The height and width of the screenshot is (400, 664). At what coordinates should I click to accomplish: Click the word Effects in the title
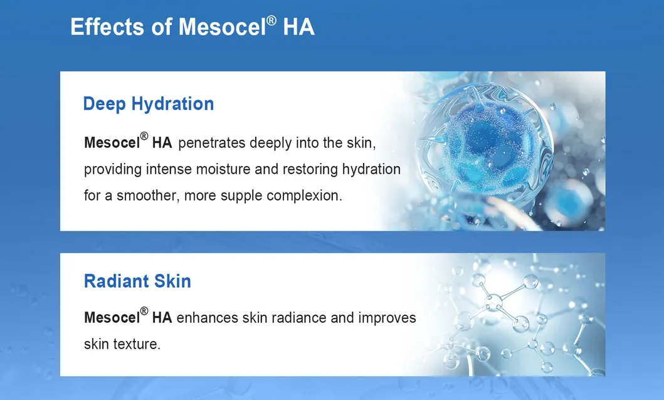point(107,27)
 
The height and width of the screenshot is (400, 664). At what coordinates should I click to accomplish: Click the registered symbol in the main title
point(271,20)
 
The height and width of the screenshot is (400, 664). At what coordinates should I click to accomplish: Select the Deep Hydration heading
point(148,104)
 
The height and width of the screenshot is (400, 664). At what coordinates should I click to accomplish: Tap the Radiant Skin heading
point(137,281)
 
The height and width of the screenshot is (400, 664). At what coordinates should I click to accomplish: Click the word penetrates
point(212,143)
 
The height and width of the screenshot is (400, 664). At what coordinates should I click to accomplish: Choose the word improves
point(387,318)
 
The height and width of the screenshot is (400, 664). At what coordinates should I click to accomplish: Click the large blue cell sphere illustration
point(484,147)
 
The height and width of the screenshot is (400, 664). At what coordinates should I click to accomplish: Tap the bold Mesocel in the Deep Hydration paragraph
point(112,143)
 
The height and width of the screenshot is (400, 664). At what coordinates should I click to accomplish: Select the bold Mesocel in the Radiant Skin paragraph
point(112,318)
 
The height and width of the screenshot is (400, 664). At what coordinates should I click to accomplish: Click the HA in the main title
point(298,27)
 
